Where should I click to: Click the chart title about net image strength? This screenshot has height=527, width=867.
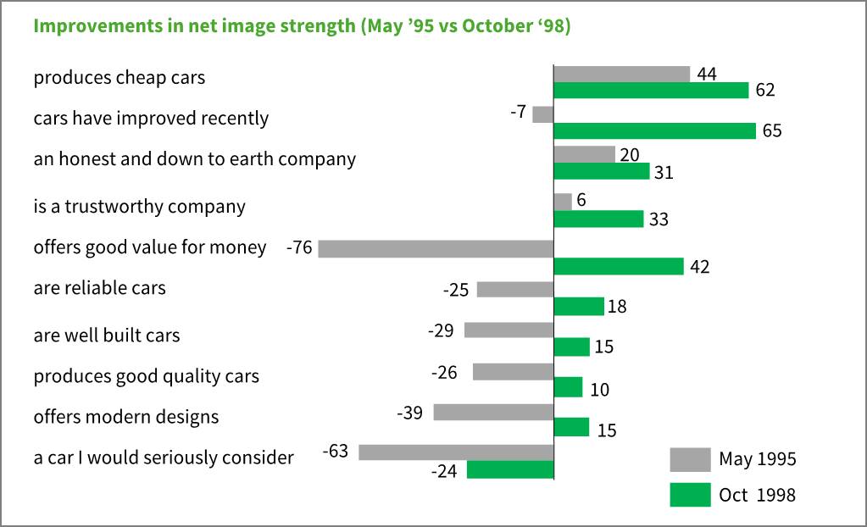point(302,25)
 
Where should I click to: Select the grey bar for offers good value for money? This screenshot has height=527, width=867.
point(436,248)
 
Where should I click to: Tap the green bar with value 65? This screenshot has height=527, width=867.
point(654,130)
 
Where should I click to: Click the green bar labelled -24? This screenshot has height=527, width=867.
point(510,469)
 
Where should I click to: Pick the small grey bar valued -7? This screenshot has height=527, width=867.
point(542,114)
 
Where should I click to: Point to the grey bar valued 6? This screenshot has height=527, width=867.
point(563,202)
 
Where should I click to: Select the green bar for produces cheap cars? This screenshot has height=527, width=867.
point(651,90)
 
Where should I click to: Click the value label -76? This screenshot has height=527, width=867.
point(300,248)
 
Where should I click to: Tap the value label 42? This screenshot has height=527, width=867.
point(699,267)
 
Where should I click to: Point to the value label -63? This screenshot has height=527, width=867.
point(336,452)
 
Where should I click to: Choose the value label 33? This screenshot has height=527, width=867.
point(659,220)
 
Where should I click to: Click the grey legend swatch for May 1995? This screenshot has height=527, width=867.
point(690,459)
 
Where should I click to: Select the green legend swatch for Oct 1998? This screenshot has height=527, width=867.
point(690,495)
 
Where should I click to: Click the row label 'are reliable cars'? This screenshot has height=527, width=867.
point(100,288)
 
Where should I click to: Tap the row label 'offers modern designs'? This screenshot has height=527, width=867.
point(126,417)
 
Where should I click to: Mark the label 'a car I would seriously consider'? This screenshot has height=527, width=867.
point(164,458)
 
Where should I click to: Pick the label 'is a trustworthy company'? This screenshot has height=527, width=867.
point(140,207)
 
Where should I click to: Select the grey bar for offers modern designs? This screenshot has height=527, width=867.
point(493,412)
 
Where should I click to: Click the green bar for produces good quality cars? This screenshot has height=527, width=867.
point(568,387)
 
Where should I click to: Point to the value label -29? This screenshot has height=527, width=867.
point(442,330)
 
